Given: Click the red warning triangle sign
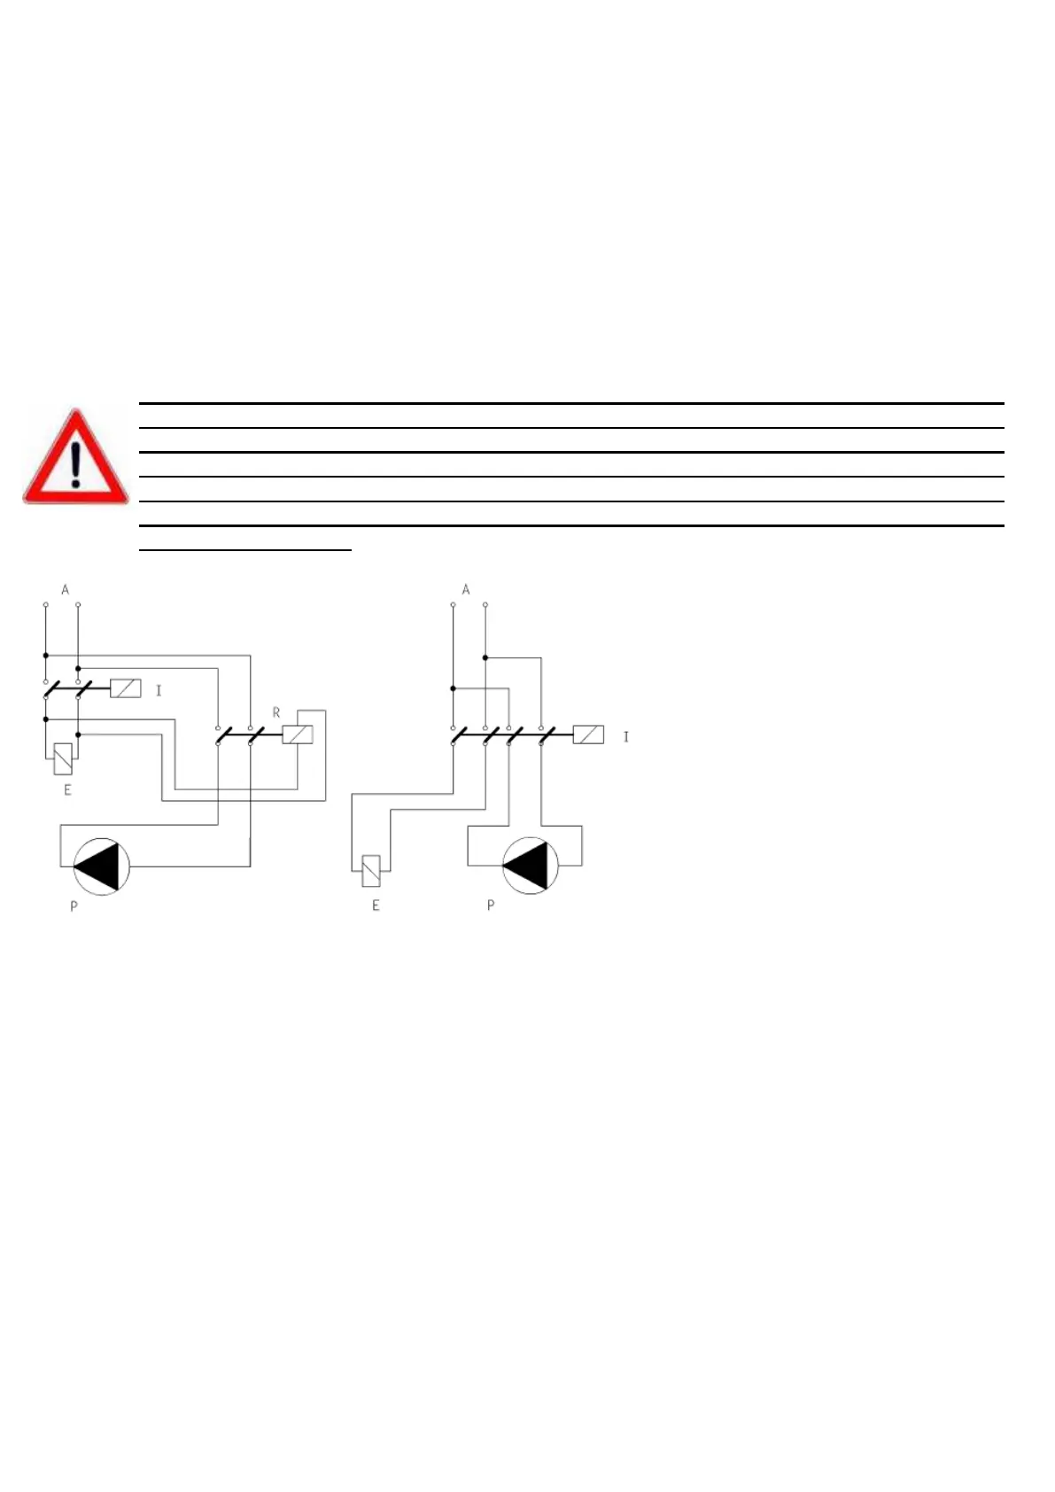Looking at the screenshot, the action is point(76,457).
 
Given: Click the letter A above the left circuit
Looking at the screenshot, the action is point(65,589).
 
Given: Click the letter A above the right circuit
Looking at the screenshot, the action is point(466,589).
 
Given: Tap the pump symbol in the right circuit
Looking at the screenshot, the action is point(531,866).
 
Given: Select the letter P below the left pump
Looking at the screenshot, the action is point(74,906).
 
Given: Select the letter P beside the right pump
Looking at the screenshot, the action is point(491,905).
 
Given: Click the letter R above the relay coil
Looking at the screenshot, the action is point(276,712).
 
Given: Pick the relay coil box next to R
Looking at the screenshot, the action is point(298,734).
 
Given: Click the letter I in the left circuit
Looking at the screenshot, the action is point(159,690).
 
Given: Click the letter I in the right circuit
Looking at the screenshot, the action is point(625,736).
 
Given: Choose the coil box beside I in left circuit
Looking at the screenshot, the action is point(125,688).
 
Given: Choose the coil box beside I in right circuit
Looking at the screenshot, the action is point(588,734).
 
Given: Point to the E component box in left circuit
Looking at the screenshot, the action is point(63,759).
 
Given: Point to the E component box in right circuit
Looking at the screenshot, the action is point(372,871).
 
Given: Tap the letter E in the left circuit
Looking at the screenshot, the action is point(67,789).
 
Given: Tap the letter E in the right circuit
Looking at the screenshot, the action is point(376,905).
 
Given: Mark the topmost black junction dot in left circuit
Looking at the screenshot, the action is point(45,656).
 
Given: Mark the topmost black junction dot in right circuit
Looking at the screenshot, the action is point(485,657).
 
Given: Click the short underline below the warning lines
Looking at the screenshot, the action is point(246,550).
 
